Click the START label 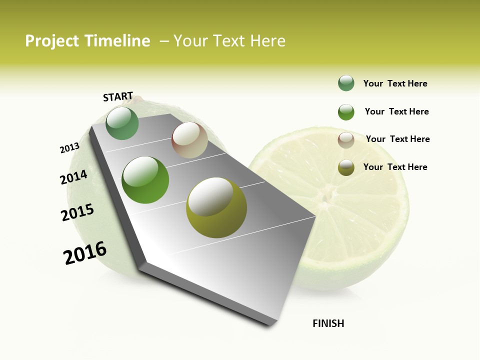118,96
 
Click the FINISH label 328,323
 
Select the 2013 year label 69,148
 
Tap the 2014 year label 73,177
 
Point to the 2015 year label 77,212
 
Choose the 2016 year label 85,253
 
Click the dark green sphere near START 122,123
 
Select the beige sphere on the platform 189,140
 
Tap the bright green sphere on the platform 145,180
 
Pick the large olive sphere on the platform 216,207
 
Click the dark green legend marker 346,83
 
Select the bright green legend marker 346,112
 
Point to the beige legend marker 346,140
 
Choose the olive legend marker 346,167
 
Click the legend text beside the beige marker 397,139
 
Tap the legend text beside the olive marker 395,167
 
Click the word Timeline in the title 117,41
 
